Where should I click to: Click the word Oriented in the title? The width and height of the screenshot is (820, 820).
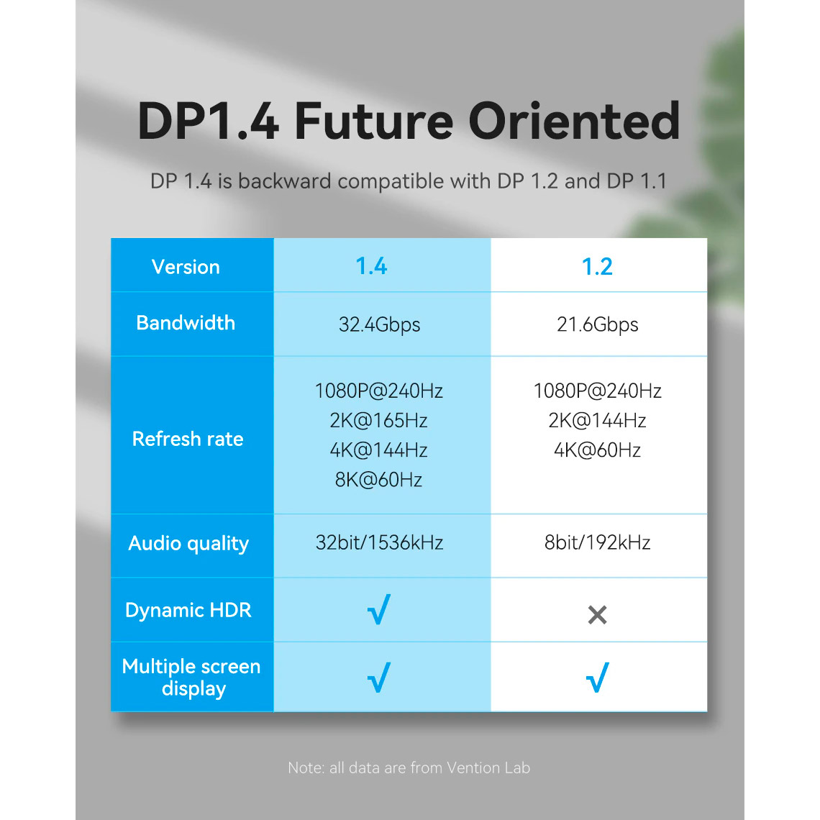574,121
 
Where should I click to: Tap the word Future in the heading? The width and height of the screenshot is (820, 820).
374,121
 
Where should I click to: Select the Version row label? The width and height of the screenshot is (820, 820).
186,267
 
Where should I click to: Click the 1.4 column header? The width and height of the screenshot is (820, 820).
371,266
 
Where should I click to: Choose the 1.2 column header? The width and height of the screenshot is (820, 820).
597,267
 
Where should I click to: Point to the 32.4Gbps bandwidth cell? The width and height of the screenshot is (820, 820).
379,324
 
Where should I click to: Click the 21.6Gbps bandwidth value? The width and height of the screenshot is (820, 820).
597,324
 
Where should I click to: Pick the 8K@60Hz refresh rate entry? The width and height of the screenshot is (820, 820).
378,480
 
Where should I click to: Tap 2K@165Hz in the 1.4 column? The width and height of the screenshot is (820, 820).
378,421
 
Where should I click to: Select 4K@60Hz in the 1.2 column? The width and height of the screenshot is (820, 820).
597,450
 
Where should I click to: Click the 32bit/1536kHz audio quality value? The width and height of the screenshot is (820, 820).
379,542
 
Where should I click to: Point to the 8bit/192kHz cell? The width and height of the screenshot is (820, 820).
597,542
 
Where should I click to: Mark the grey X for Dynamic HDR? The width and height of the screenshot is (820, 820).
597,615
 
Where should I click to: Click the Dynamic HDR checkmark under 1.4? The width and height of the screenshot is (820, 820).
379,610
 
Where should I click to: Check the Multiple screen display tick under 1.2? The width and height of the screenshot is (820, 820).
598,678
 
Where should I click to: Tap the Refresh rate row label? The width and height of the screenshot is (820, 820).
188,439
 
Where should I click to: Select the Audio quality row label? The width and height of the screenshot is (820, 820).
188,544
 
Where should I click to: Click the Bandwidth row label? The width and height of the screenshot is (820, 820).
186,323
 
